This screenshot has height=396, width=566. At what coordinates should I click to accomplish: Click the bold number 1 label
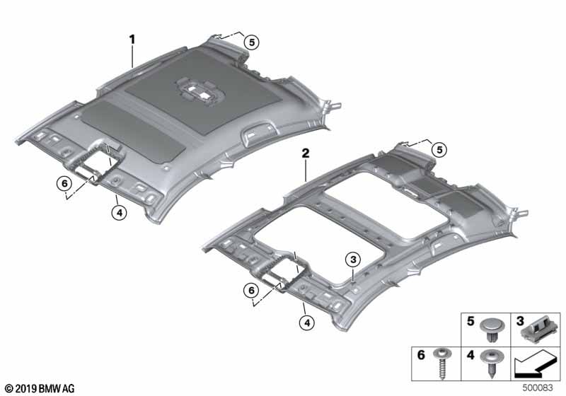pos(132,40)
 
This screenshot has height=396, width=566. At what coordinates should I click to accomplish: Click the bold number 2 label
pos(306,153)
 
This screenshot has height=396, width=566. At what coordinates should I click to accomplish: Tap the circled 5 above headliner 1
pos(252,42)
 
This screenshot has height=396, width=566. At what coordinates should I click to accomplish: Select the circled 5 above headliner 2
pos(439,149)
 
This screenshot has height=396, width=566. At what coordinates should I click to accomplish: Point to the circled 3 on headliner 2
pos(353,259)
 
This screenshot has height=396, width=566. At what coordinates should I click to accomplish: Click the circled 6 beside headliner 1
pos(64,184)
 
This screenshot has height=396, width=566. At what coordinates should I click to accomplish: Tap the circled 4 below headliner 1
pos(119,212)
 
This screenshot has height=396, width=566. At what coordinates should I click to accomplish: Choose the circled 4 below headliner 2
pos(307,322)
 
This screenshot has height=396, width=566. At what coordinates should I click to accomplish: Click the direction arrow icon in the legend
pos(534,365)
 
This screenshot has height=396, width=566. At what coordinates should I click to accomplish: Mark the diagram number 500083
pos(538,388)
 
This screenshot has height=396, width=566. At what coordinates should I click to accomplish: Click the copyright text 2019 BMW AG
pos(40,388)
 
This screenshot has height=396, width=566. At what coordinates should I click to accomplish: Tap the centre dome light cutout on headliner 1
pos(200,91)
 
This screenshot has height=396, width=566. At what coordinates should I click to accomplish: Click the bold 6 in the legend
pos(421,355)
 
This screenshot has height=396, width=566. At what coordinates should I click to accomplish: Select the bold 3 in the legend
pos(520,320)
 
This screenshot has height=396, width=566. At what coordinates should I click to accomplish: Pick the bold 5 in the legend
pos(470,320)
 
